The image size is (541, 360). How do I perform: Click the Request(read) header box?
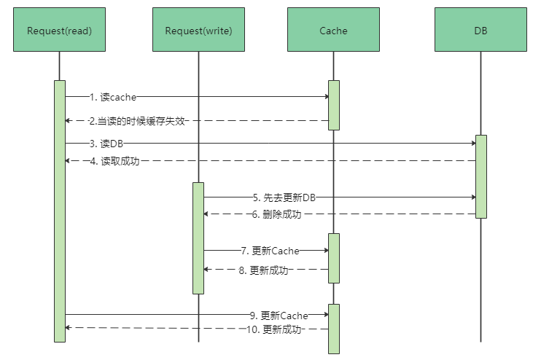click(59, 30)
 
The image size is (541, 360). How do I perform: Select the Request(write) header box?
click(198, 30)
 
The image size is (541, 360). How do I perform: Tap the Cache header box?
click(333, 30)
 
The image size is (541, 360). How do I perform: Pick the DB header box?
click(480, 30)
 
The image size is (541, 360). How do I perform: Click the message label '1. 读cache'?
click(113, 96)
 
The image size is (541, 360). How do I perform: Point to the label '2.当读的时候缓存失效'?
click(136, 121)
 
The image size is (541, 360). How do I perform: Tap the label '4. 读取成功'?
click(114, 161)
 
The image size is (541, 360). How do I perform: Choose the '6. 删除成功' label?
click(276, 214)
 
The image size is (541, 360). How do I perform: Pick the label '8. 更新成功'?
click(263, 270)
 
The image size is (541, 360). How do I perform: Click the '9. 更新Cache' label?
click(279, 316)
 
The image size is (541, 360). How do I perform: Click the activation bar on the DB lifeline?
click(480, 176)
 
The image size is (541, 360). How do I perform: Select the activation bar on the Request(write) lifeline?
click(198, 238)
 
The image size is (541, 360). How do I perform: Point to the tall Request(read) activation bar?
click(59, 211)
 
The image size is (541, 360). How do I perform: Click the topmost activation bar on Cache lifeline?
click(333, 105)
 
